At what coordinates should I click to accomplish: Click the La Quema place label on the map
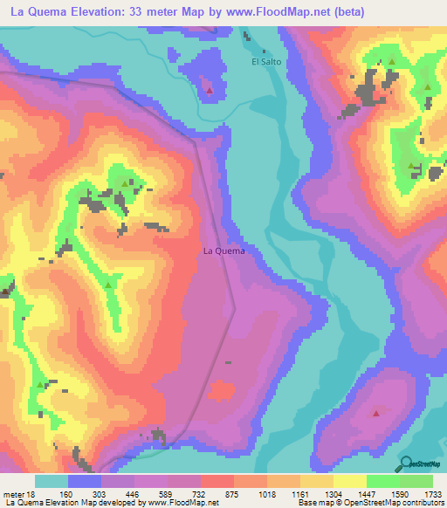[x=223, y=251]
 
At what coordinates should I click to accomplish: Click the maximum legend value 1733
[x=431, y=494]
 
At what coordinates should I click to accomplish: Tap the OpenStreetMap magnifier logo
[x=406, y=463]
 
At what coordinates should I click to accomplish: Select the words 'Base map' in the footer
[x=313, y=503]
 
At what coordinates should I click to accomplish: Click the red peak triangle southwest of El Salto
[x=209, y=89]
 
